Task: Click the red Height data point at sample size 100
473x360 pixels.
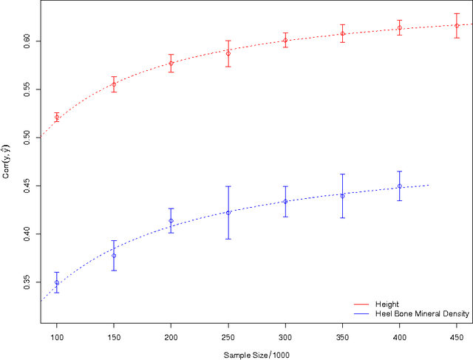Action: point(57,117)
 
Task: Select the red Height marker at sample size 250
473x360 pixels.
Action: point(228,53)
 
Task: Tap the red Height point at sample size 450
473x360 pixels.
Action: point(457,26)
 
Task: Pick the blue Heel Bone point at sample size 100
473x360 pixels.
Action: point(57,282)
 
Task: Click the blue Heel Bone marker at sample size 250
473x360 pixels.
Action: point(228,213)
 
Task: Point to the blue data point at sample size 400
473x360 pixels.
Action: point(400,186)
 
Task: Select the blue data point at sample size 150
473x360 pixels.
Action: point(114,256)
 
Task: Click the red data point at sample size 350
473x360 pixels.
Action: point(342,34)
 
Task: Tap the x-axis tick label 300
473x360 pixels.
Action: point(285,336)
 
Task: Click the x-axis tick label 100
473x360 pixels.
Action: point(57,336)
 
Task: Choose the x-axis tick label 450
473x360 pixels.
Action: point(457,336)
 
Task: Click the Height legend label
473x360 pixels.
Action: point(387,303)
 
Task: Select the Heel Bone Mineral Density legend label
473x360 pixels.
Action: point(417,313)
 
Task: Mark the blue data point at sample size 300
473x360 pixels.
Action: point(285,201)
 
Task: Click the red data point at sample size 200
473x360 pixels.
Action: point(171,64)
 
